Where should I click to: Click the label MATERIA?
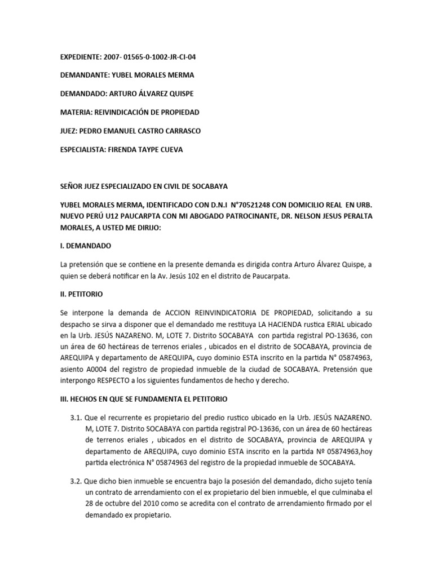(x=76, y=113)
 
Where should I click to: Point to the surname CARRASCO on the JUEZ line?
(x=180, y=131)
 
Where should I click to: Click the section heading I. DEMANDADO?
(x=86, y=247)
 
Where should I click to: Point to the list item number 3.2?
(x=75, y=482)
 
